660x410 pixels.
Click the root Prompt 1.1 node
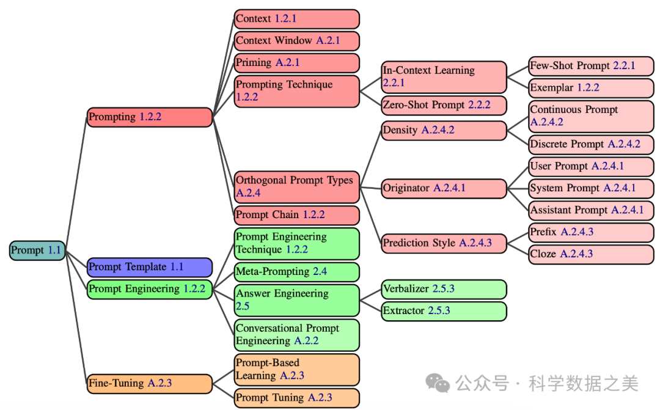[x=37, y=251]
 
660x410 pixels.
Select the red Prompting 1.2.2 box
[x=149, y=117]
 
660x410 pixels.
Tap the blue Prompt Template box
[x=149, y=267]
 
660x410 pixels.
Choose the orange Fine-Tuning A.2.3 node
[x=149, y=384]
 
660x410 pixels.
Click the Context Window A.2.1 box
[x=296, y=41]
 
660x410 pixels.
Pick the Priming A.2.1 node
[x=296, y=63]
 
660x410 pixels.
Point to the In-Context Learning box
[x=444, y=76]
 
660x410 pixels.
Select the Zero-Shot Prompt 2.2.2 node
[x=444, y=105]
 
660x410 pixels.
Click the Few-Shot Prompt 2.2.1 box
[x=590, y=66]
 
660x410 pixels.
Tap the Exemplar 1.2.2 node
[x=590, y=88]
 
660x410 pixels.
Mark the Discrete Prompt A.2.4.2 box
[x=590, y=144]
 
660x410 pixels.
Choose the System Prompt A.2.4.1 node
[x=590, y=188]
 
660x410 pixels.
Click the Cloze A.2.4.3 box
[x=590, y=254]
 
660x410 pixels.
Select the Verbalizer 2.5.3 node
[x=444, y=288]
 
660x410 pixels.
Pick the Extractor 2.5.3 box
[x=444, y=311]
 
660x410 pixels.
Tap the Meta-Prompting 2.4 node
[x=296, y=272]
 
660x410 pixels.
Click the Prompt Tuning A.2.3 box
[x=296, y=398]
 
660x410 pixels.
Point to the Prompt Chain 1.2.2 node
[x=296, y=215]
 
